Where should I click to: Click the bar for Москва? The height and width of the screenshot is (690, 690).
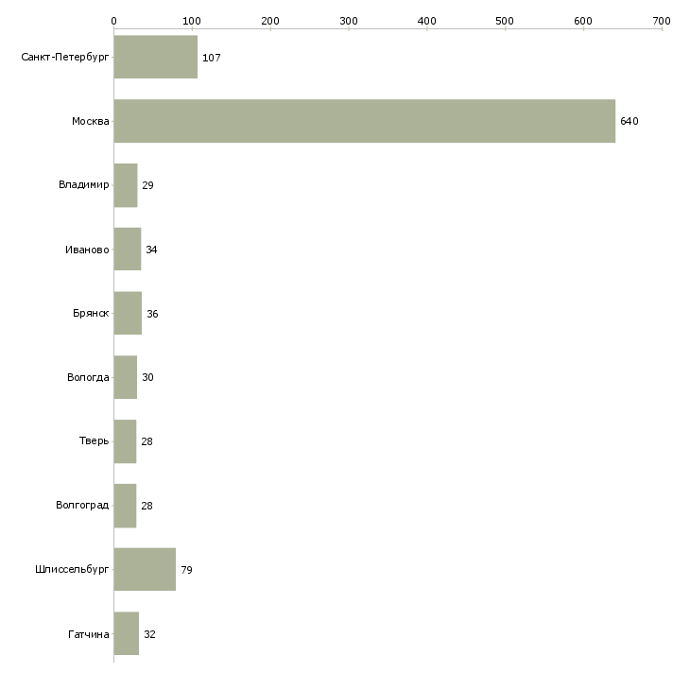[x=364, y=121]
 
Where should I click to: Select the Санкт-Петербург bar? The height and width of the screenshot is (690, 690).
[x=156, y=57]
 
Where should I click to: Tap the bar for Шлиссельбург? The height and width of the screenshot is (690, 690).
[x=145, y=569]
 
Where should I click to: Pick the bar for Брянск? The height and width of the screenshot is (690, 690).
[x=128, y=313]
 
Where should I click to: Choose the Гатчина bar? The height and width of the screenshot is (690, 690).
[x=127, y=633]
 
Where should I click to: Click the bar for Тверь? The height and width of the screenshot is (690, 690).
[x=125, y=441]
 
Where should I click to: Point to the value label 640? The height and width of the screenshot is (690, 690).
[x=630, y=121]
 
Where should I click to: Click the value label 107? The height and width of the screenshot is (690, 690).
[x=211, y=58]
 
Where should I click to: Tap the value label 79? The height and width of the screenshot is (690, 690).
[x=186, y=570]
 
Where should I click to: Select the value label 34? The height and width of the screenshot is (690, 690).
[x=151, y=250]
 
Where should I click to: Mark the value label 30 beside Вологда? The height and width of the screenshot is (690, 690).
[x=147, y=377]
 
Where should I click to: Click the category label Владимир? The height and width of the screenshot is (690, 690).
[x=83, y=184]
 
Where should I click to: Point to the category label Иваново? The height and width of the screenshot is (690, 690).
[x=87, y=250]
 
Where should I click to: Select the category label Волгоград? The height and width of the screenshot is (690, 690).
[x=82, y=505]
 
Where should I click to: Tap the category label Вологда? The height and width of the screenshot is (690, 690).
[x=88, y=377]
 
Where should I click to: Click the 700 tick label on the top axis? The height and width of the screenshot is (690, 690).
[x=662, y=21]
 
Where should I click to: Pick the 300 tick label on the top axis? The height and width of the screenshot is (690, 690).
[x=349, y=21]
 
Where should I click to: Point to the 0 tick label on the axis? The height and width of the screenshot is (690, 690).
[x=114, y=21]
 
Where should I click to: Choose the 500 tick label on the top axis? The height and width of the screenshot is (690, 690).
[x=505, y=21]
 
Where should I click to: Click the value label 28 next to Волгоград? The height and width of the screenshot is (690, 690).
[x=147, y=506]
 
